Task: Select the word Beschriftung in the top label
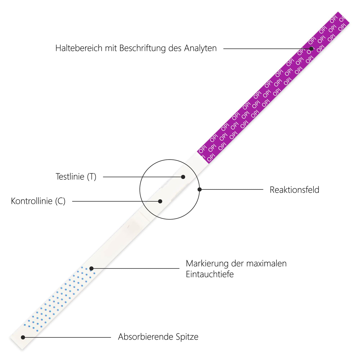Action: pyautogui.click(x=142, y=48)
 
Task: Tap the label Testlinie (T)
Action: pyautogui.click(x=76, y=177)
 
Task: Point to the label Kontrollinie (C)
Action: pyautogui.click(x=38, y=201)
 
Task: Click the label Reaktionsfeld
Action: pyautogui.click(x=294, y=190)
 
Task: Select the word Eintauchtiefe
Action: pyautogui.click(x=210, y=274)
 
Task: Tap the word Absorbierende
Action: pyautogui.click(x=145, y=337)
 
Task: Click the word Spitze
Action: pyautogui.click(x=187, y=337)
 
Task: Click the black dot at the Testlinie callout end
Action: pyautogui.click(x=183, y=177)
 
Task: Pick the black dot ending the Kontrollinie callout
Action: pyautogui.click(x=160, y=201)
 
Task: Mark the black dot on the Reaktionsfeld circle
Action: pyautogui.click(x=200, y=190)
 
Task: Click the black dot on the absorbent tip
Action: pyautogui.click(x=23, y=337)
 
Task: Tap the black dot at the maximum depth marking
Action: pyautogui.click(x=91, y=268)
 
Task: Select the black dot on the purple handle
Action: pyautogui.click(x=311, y=49)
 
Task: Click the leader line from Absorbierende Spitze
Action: pyautogui.click(x=67, y=337)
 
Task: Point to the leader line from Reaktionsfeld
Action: pyautogui.click(x=231, y=190)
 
